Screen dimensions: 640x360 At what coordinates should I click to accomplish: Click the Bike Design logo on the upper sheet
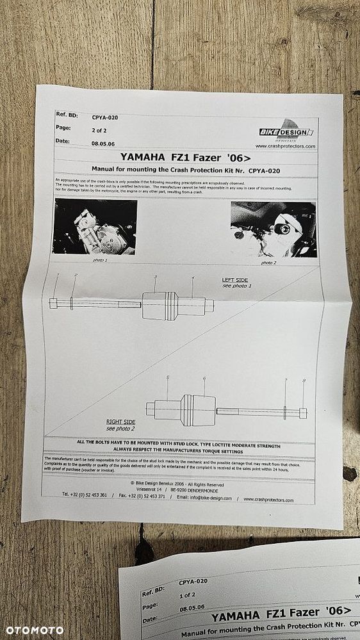point(286,131)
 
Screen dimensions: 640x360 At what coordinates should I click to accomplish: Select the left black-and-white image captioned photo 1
point(95,227)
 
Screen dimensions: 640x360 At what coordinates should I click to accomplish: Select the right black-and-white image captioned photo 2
point(273,229)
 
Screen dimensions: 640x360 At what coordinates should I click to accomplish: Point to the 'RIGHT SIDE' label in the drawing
point(120,422)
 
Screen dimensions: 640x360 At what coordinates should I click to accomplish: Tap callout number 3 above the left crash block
point(155,277)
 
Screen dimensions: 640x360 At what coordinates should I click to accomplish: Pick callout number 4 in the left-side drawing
point(192,277)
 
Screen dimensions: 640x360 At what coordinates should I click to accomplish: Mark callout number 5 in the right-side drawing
point(167,377)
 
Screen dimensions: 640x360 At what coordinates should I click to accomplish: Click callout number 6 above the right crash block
point(204,379)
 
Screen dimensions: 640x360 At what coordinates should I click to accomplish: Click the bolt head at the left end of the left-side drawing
point(54,303)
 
